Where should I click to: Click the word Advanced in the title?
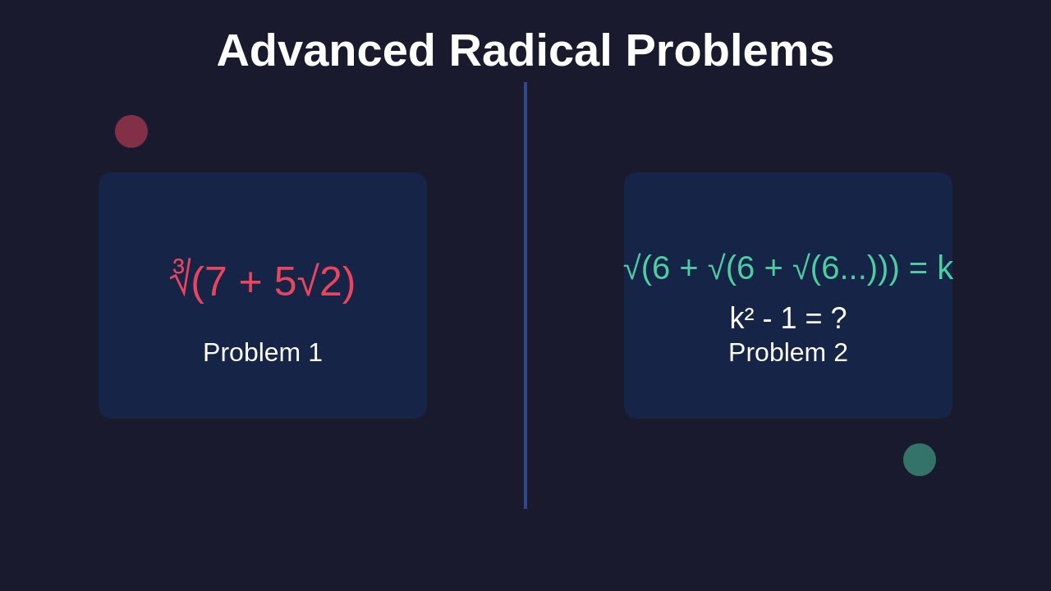click(325, 50)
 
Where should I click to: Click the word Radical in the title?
click(530, 50)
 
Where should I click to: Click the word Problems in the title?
click(729, 50)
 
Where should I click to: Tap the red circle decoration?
click(131, 131)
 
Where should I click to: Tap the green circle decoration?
click(920, 460)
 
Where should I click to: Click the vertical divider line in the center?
click(525, 295)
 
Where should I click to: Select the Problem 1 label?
click(263, 352)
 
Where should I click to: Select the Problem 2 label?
click(788, 352)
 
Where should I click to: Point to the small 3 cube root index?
click(178, 266)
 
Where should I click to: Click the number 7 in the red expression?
click(215, 282)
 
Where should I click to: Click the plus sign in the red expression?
click(250, 282)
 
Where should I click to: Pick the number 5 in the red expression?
click(285, 282)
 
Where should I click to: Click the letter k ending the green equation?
click(945, 268)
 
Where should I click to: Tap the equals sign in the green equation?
click(917, 268)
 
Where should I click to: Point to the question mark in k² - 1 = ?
click(838, 318)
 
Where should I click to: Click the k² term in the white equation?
click(741, 318)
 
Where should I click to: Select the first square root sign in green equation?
click(631, 268)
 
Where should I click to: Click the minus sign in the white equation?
click(767, 319)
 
